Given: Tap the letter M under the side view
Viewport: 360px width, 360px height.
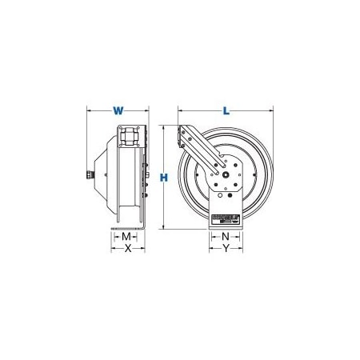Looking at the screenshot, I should point(126,237).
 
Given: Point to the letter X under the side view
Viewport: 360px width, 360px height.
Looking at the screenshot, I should point(126,250).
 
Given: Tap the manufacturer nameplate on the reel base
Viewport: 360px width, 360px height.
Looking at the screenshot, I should point(226,217).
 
